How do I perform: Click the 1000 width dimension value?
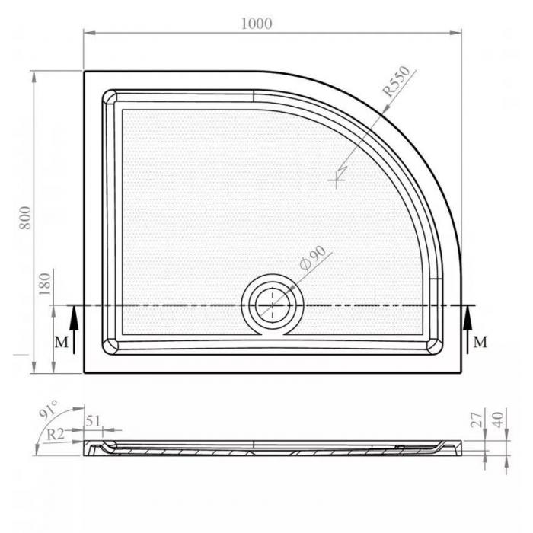tap(257, 24)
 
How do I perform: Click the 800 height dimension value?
tap(25, 218)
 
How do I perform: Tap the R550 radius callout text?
tap(396, 81)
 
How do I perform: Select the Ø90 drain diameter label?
tap(313, 258)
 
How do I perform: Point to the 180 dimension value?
tap(44, 284)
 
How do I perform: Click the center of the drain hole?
tap(273, 305)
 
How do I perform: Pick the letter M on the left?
tap(62, 343)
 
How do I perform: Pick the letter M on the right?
tap(480, 342)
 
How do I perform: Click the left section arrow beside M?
tap(74, 330)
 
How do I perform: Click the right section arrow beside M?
tap(468, 330)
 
